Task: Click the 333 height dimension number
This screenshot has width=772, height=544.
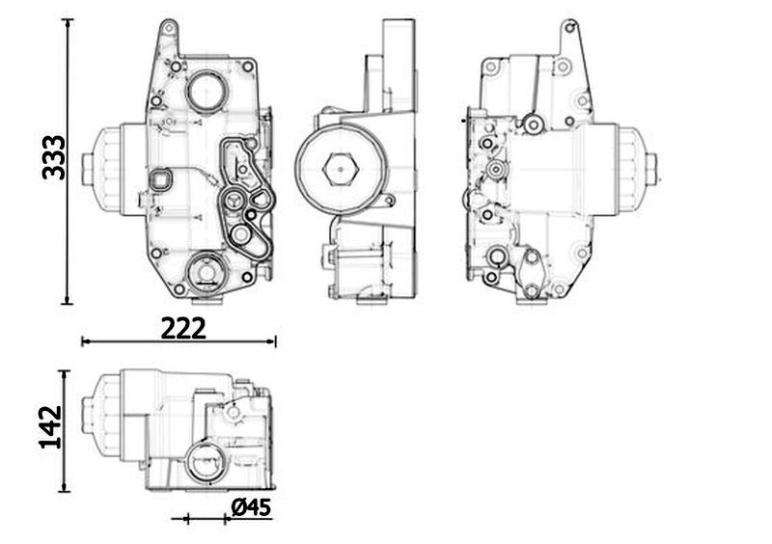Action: pos(53,157)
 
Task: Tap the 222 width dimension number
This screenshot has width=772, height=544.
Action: pos(183,328)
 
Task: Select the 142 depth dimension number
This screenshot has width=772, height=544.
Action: pos(50,427)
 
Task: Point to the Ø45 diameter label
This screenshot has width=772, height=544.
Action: pos(251,507)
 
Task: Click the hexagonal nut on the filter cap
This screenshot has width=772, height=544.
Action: pos(340,170)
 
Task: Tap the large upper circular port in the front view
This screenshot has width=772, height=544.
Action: pos(207,91)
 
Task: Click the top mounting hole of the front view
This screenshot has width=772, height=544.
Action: pos(168,28)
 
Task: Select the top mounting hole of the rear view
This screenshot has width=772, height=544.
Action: pos(570,28)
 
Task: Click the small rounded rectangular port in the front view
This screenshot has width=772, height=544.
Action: pos(160,180)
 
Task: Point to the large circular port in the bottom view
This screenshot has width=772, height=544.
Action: pos(207,462)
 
